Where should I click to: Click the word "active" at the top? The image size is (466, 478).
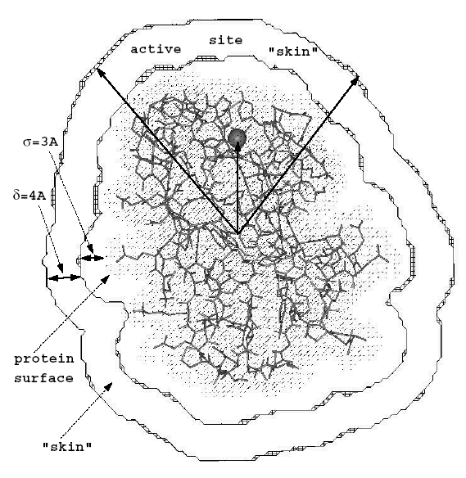tap(156, 49)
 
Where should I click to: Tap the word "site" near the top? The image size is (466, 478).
tap(226, 40)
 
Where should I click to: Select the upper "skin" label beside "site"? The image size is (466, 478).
tap(293, 52)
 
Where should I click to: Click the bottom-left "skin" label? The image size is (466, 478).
tap(67, 447)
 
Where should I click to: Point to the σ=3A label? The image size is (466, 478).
tap(41, 142)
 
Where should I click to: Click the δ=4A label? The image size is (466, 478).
tap(29, 195)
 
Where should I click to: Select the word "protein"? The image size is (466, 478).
tap(44, 359)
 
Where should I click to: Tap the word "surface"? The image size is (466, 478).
tap(44, 378)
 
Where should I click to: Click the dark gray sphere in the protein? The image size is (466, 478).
tap(237, 138)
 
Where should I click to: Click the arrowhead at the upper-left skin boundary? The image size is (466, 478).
tap(100, 72)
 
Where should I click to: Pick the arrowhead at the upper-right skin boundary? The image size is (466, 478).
tap(355, 79)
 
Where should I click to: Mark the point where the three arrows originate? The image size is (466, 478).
tap(238, 234)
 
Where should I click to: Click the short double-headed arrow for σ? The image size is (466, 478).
tap(93, 258)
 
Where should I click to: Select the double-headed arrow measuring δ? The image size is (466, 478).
tap(64, 277)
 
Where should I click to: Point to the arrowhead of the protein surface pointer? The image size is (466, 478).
tap(106, 277)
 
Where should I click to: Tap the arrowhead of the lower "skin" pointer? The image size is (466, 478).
tap(109, 386)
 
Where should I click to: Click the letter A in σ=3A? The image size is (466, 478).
tap(54, 142)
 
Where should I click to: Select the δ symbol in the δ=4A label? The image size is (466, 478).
tap(16, 195)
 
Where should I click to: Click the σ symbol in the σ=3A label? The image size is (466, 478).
tap(27, 143)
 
